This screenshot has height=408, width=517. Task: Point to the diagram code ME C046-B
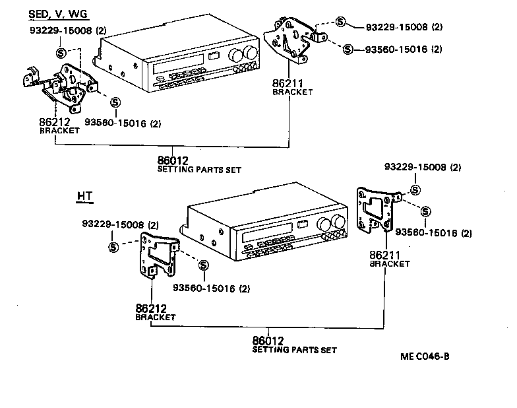coord(425,357)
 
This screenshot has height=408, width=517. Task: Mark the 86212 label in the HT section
coord(152,308)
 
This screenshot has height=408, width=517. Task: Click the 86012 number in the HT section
coord(268,341)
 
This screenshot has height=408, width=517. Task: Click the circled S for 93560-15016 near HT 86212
coord(203,265)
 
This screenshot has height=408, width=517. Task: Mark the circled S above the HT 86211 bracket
coord(415,190)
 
